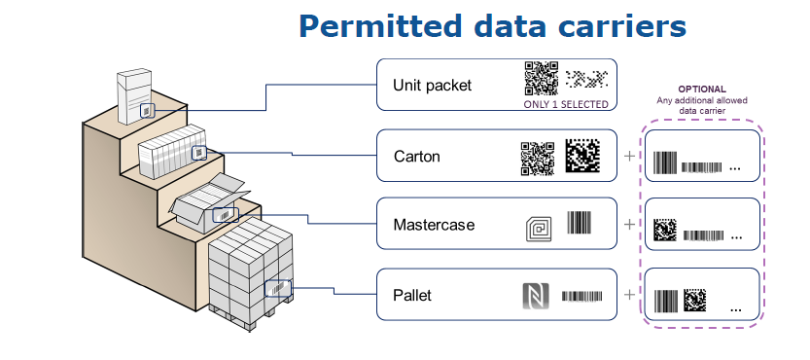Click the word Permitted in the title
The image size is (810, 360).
click(379, 26)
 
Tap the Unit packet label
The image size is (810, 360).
click(433, 85)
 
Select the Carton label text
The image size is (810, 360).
click(417, 156)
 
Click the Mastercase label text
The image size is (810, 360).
click(434, 225)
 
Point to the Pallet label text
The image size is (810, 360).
click(412, 296)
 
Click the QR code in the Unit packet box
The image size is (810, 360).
click(542, 79)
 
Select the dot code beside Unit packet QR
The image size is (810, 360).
click(586, 79)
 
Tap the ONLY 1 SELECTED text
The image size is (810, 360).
click(566, 104)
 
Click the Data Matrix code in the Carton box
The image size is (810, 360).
click(582, 156)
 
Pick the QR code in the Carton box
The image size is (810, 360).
click(537, 159)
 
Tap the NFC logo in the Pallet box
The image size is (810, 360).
click(535, 296)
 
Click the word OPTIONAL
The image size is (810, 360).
click(701, 90)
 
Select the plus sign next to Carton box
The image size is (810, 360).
click(629, 155)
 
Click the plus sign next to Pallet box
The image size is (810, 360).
click(629, 295)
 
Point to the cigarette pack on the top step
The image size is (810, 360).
click(135, 96)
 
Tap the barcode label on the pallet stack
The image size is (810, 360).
click(278, 289)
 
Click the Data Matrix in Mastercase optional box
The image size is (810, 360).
click(665, 230)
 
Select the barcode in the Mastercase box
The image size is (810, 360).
click(580, 223)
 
